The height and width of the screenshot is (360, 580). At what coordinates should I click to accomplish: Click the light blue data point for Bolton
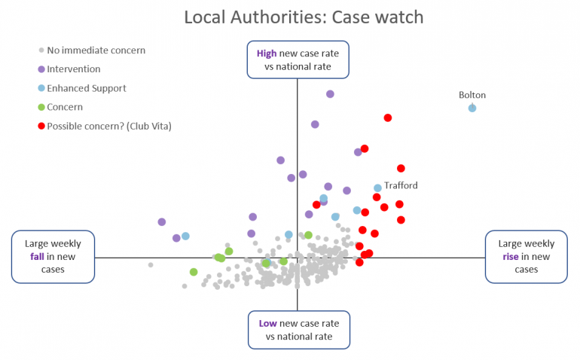[x=472, y=108]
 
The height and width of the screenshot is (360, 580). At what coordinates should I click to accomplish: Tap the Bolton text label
[x=472, y=95]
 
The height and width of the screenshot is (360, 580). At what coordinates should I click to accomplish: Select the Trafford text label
[x=401, y=185]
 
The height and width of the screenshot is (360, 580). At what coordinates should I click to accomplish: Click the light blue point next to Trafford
[x=378, y=188]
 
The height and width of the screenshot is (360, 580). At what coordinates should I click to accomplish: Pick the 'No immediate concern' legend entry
[x=96, y=50]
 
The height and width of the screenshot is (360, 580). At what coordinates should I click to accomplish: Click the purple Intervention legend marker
[x=41, y=69]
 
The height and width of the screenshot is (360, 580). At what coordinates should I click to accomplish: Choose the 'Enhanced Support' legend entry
[x=86, y=88]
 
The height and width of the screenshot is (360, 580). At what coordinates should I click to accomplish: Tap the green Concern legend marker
[x=41, y=107]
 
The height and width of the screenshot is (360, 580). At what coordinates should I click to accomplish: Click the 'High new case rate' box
[x=298, y=59]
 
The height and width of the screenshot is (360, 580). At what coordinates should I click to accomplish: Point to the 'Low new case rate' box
[x=298, y=330]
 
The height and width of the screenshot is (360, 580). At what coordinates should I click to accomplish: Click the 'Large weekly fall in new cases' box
[x=53, y=256]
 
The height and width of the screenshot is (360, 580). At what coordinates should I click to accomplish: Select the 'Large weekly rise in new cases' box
[x=526, y=256]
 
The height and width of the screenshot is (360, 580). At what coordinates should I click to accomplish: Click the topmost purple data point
[x=330, y=94]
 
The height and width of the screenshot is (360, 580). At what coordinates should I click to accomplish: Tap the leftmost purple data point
[x=162, y=221]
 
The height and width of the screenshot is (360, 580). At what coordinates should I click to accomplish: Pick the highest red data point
[x=388, y=117]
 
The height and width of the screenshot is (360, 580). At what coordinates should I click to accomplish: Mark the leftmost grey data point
[x=151, y=264]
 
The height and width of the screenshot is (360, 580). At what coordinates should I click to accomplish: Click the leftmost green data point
[x=194, y=272]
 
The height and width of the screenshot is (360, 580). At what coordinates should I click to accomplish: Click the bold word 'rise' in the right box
[x=515, y=256]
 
